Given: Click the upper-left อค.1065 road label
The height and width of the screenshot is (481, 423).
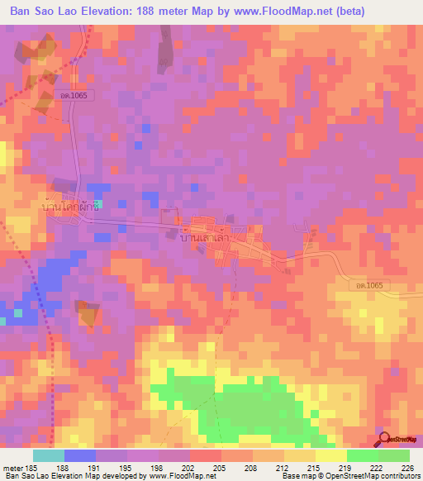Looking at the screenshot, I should pyautogui.click(x=84, y=96).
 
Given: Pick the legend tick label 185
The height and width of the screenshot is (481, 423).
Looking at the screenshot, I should pyautogui.click(x=31, y=467).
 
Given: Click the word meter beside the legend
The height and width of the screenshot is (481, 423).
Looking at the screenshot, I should pyautogui.click(x=12, y=467).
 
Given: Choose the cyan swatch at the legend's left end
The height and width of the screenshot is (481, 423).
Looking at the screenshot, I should pyautogui.click(x=48, y=455).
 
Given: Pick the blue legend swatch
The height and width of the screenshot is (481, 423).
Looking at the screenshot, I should pyautogui.click(x=79, y=455).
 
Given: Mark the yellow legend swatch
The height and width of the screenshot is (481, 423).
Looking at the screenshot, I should pyautogui.click(x=330, y=455).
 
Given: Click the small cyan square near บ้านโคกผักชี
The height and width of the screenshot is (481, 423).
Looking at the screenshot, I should pyautogui.click(x=98, y=202).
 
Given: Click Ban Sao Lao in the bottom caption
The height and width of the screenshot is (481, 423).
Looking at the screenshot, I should pyautogui.click(x=25, y=476).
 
